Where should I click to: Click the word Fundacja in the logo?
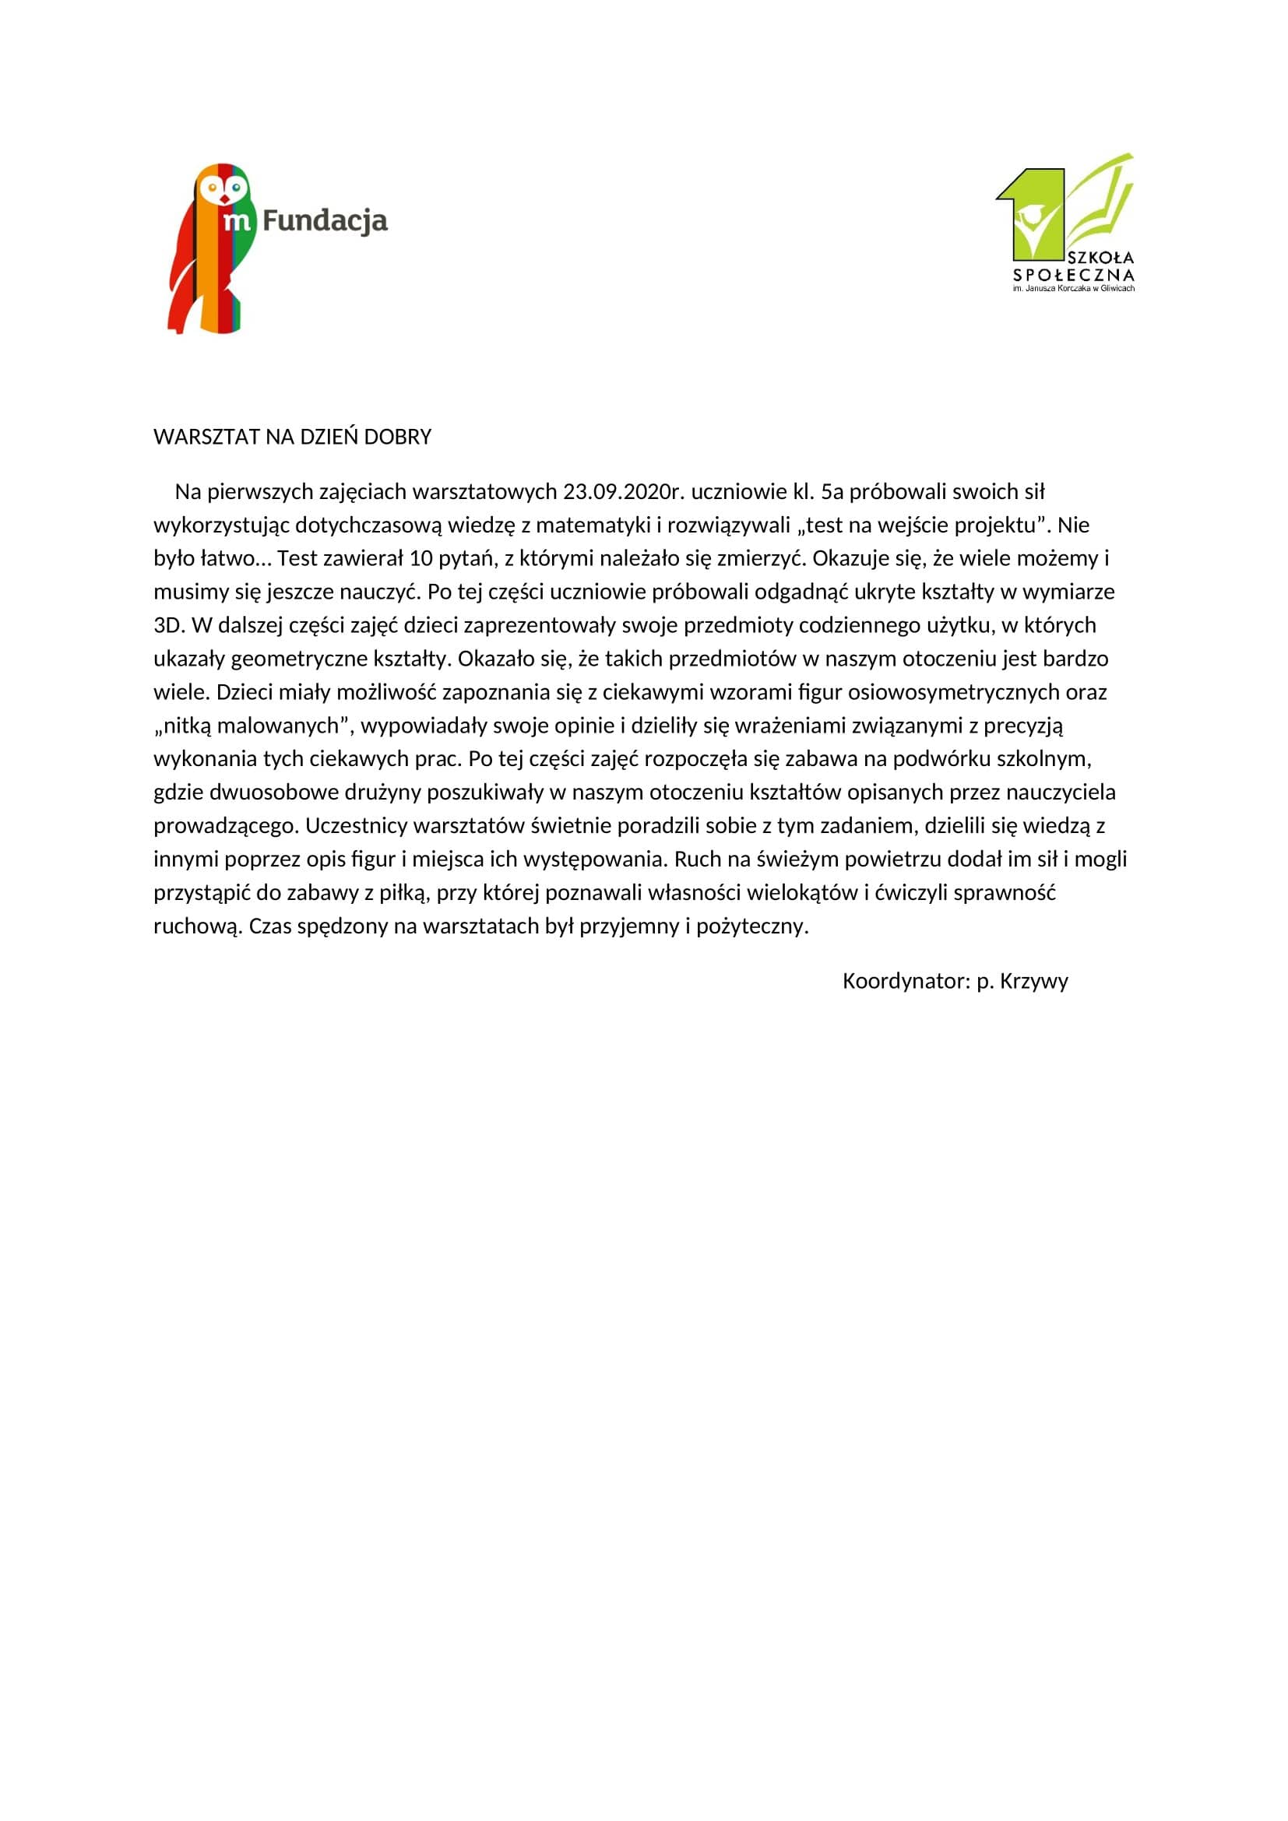(325, 220)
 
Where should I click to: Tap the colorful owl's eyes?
(223, 188)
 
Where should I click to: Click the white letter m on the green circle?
(238, 220)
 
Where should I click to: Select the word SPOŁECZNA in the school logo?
(1074, 275)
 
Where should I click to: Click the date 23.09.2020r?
(624, 492)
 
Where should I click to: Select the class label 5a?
(832, 492)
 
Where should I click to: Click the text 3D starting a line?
(169, 625)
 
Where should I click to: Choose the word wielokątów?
(803, 892)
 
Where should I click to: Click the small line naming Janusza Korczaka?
(1074, 289)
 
